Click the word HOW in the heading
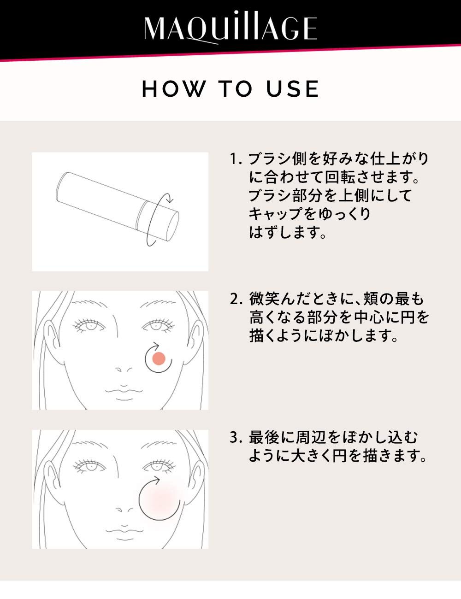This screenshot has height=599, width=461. pyautogui.click(x=174, y=89)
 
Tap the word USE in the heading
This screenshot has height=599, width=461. pyautogui.click(x=292, y=89)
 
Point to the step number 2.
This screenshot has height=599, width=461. pyautogui.click(x=236, y=299)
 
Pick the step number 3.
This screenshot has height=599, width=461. pyautogui.click(x=236, y=437)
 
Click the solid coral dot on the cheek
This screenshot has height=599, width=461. pyautogui.click(x=159, y=358)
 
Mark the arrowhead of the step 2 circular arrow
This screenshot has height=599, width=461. pyautogui.click(x=157, y=345)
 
